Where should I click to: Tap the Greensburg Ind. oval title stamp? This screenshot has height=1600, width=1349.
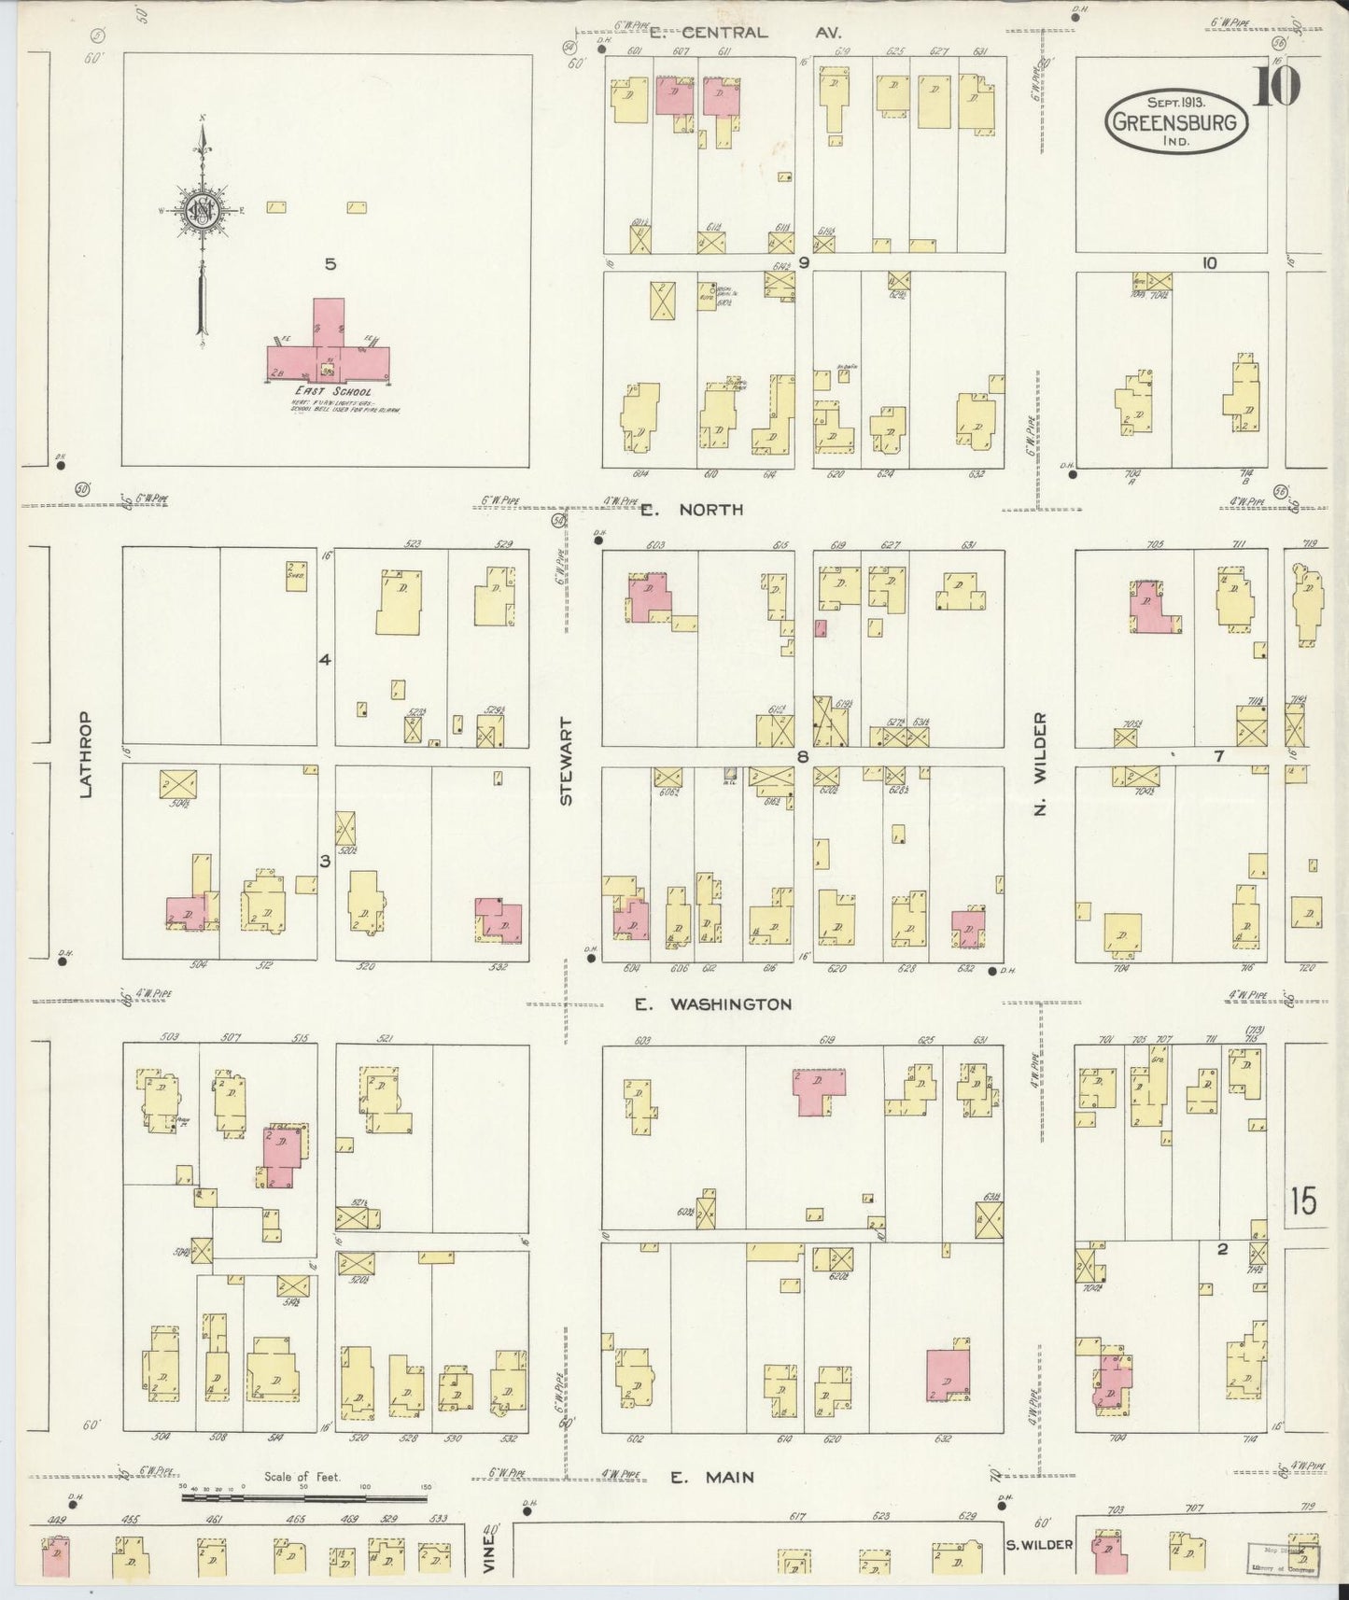click(x=1176, y=120)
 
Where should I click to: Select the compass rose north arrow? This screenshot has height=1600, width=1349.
click(x=201, y=229)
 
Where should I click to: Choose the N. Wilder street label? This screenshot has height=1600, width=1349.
click(x=1040, y=763)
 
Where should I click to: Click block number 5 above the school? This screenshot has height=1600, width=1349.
click(x=330, y=264)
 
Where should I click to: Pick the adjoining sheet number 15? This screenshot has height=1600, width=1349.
click(x=1303, y=1201)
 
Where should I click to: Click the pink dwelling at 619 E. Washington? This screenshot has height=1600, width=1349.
click(x=820, y=1089)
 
